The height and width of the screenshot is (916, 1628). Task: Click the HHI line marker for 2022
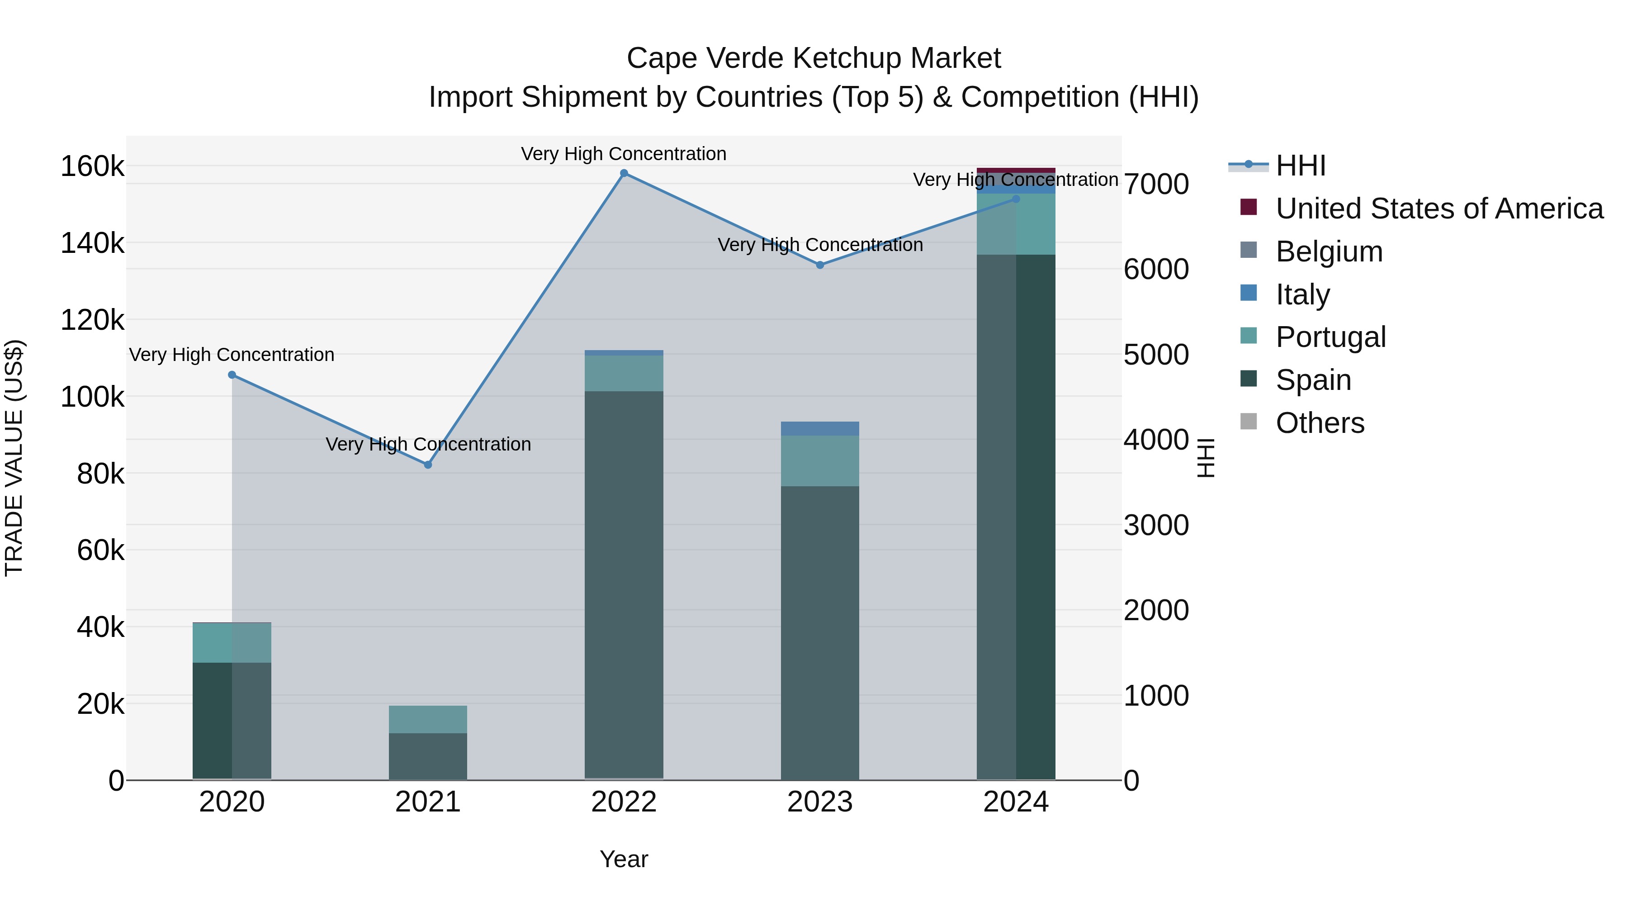pos(624,173)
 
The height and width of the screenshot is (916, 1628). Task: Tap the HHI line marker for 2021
pos(428,465)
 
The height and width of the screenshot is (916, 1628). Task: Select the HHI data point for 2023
pos(820,265)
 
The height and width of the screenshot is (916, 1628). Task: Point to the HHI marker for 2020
pos(232,375)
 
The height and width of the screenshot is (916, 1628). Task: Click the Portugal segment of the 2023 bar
pos(820,461)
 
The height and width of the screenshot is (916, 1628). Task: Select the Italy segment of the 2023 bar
pos(820,429)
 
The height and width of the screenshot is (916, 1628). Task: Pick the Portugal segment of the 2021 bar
pos(428,719)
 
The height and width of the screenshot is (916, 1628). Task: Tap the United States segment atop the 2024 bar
pos(1016,170)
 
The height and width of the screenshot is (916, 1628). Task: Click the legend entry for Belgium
pos(1329,252)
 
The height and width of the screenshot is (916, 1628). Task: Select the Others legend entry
pos(1320,423)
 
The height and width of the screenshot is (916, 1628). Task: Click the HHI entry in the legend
pos(1300,166)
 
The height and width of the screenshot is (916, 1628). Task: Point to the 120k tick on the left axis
pos(92,320)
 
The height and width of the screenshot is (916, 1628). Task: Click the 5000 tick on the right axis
pos(1156,355)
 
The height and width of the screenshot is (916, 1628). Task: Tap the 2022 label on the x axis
pos(624,802)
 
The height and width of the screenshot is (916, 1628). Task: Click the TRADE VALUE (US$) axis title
pos(14,458)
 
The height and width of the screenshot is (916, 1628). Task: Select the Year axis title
pos(624,859)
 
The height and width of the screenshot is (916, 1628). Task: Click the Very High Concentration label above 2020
pos(232,355)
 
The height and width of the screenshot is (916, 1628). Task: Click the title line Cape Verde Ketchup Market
pos(814,58)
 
